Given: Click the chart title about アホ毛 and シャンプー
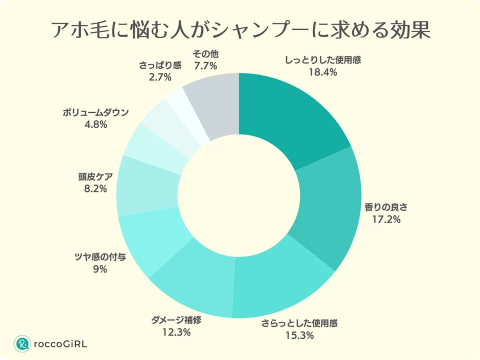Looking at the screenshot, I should pyautogui.click(x=240, y=31).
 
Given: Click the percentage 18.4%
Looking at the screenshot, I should pyautogui.click(x=323, y=72).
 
